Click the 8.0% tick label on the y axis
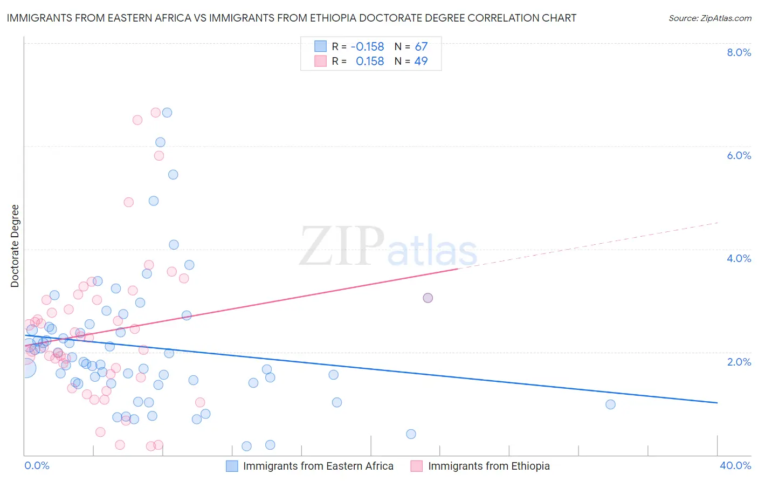tap(739, 52)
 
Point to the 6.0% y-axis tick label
tap(739, 155)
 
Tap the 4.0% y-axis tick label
tap(739, 258)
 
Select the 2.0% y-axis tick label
tap(739, 362)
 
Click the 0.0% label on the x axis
tap(37, 465)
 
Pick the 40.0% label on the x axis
tap(735, 465)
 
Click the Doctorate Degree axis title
tap(15, 246)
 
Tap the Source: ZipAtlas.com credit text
tap(709, 18)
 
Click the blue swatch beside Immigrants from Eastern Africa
tap(232, 466)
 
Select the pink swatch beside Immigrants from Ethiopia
tap(416, 466)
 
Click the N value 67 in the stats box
tap(421, 46)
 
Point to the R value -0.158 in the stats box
tap(367, 46)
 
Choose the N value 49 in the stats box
tap(421, 61)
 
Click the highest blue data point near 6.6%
tap(167, 112)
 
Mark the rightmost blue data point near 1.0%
tap(610, 404)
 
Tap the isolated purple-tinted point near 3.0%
tap(428, 298)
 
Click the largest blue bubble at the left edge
tap(25, 368)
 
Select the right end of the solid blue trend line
tap(717, 403)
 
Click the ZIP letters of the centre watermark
tap(342, 246)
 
